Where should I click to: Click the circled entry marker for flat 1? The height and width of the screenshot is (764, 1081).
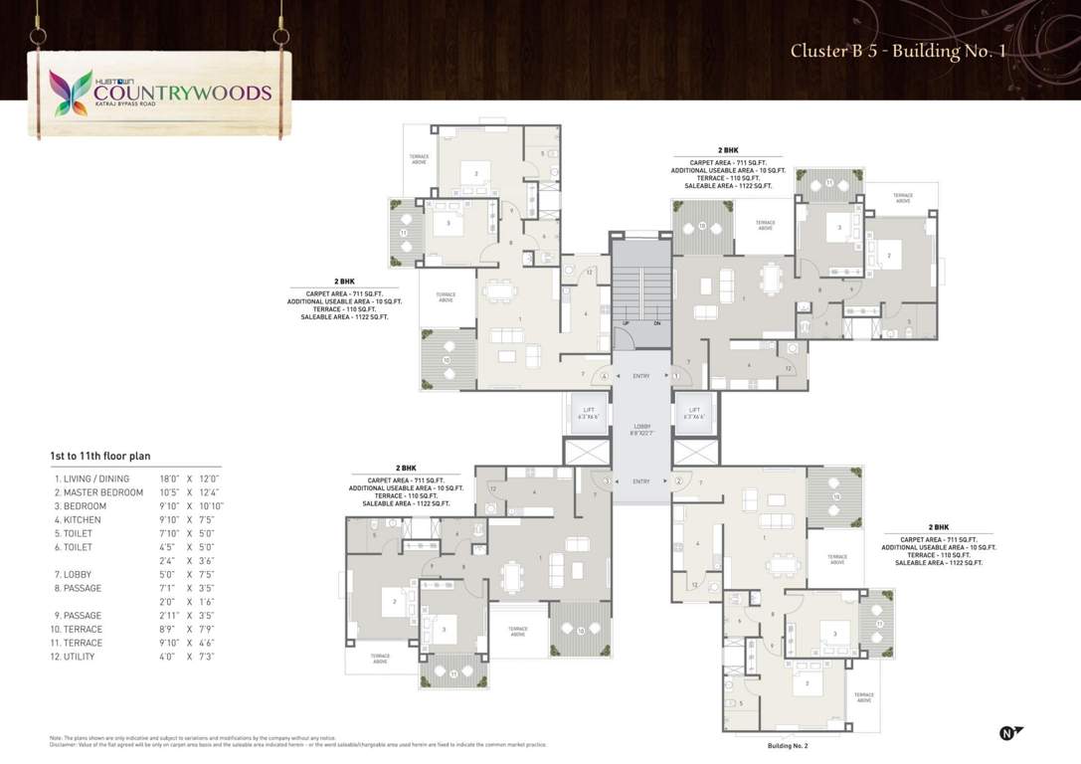point(675,376)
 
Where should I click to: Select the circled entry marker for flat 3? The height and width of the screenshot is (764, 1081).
point(607,481)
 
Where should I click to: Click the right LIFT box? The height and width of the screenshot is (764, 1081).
point(694,413)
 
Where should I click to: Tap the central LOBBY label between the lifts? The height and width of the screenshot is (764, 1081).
point(640,429)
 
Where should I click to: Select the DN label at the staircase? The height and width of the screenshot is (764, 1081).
point(656,323)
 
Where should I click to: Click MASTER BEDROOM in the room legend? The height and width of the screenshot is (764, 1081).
point(102,492)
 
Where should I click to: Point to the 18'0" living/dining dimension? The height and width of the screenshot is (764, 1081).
point(169,478)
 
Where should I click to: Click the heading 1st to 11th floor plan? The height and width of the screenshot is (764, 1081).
point(100,456)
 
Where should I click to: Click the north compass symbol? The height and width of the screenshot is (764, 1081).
point(1009,733)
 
